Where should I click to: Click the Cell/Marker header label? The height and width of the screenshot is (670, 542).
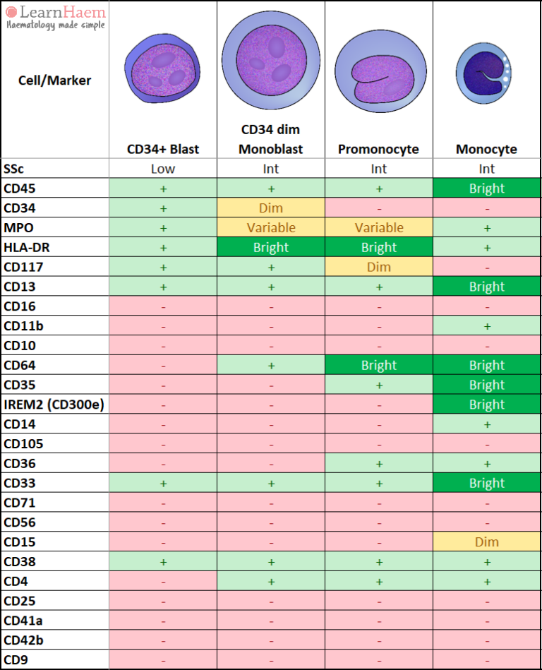pyautogui.click(x=54, y=80)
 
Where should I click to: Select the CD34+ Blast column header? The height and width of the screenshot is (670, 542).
pyautogui.click(x=163, y=149)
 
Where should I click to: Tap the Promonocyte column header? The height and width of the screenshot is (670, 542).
pyautogui.click(x=378, y=149)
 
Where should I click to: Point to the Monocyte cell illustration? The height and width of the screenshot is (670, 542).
pyautogui.click(x=483, y=73)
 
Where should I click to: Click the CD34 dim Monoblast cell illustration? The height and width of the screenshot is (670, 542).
pyautogui.click(x=271, y=60)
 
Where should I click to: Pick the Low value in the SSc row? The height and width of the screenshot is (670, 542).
pyautogui.click(x=163, y=169)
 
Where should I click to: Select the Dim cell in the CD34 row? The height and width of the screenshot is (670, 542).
pyautogui.click(x=271, y=208)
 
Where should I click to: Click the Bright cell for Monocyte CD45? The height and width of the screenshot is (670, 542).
pyautogui.click(x=487, y=188)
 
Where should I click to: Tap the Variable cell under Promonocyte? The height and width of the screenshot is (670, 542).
pyautogui.click(x=379, y=227)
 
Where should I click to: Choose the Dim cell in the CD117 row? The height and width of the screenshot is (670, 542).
pyautogui.click(x=379, y=267)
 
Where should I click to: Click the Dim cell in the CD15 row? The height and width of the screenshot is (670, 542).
pyautogui.click(x=487, y=542)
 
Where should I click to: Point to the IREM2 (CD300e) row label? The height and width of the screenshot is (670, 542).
pyautogui.click(x=54, y=405)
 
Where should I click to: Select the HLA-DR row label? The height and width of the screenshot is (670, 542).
pyautogui.click(x=27, y=247)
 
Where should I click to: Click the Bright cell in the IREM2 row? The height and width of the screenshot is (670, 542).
pyautogui.click(x=487, y=405)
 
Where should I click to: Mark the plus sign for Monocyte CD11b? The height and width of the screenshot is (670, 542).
pyautogui.click(x=487, y=326)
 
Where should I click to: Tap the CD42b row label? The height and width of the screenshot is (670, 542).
pyautogui.click(x=23, y=640)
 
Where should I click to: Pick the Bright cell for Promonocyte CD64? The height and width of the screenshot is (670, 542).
pyautogui.click(x=379, y=365)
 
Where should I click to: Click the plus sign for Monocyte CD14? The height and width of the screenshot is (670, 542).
pyautogui.click(x=487, y=424)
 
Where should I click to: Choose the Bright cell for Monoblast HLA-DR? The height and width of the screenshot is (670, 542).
pyautogui.click(x=271, y=247)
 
